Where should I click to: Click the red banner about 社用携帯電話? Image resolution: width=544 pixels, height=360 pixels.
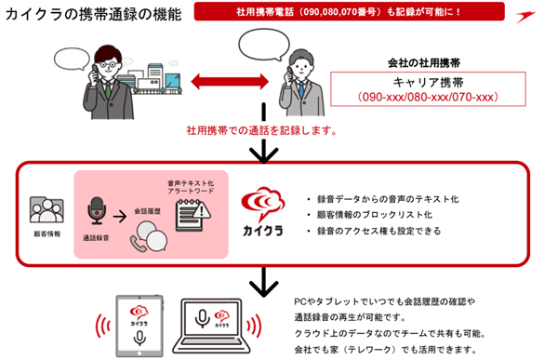pyautogui.click(x=349, y=11)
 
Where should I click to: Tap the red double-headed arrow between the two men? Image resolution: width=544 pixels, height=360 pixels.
pyautogui.click(x=230, y=82)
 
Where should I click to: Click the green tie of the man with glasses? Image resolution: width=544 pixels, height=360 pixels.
pyautogui.click(x=108, y=90)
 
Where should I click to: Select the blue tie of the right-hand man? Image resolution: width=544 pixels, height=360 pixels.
pyautogui.click(x=301, y=90)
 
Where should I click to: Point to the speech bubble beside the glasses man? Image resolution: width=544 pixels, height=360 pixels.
pyautogui.click(x=72, y=59)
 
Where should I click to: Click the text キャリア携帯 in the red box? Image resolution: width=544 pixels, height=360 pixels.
pyautogui.click(x=428, y=82)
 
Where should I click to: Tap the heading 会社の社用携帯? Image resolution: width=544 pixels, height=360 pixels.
pyautogui.click(x=424, y=63)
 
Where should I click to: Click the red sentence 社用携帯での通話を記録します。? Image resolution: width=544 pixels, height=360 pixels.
pyautogui.click(x=262, y=130)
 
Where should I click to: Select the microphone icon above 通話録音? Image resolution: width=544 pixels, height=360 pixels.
pyautogui.click(x=97, y=211)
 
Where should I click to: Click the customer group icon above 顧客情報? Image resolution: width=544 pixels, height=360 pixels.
pyautogui.click(x=46, y=209)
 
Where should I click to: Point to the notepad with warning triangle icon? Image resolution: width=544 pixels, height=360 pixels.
pyautogui.click(x=192, y=215)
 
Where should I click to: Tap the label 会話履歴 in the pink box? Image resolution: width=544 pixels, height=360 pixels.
pyautogui.click(x=148, y=211)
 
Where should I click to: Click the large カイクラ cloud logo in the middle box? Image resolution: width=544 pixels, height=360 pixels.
pyautogui.click(x=263, y=211)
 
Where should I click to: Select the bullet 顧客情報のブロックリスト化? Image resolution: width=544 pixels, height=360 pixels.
pyautogui.click(x=375, y=215)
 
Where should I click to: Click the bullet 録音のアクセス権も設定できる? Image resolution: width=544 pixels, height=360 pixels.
pyautogui.click(x=378, y=231)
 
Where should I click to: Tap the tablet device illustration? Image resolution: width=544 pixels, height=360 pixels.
pyautogui.click(x=139, y=326)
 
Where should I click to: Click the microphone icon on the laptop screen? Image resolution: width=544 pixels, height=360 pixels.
pyautogui.click(x=202, y=318)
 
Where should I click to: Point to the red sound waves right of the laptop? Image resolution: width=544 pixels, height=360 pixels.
pyautogui.click(x=254, y=326)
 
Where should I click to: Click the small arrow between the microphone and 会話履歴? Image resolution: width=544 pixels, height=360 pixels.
pyautogui.click(x=120, y=217)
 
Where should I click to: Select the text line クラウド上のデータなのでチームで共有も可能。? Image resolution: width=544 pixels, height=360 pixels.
pyautogui.click(x=390, y=333)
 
